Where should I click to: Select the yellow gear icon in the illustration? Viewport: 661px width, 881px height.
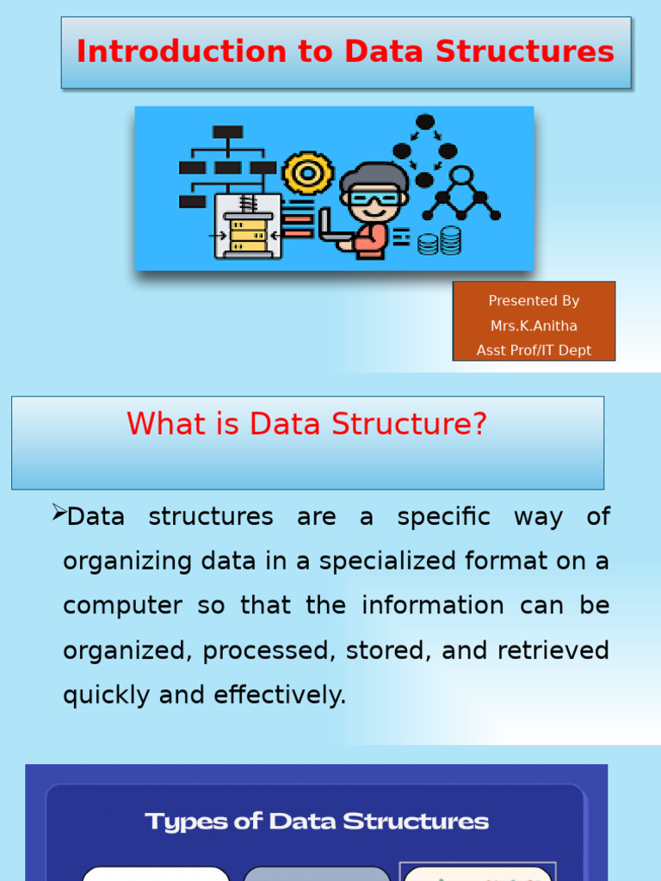tap(307, 173)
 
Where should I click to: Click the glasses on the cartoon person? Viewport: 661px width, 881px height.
tap(374, 199)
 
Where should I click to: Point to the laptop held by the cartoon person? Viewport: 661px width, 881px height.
tap(331, 228)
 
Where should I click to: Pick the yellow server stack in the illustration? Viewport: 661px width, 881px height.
tap(248, 235)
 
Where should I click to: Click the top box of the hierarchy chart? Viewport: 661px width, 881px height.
tap(228, 132)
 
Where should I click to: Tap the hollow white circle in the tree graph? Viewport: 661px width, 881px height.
tap(461, 176)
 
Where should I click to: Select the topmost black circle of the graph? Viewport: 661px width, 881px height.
tap(425, 122)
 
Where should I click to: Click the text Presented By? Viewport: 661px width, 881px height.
tap(534, 301)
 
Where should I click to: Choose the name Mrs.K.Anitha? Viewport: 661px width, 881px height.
tap(534, 326)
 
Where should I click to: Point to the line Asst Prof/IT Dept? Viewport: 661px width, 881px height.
tap(534, 350)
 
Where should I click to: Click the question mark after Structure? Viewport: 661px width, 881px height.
tap(479, 423)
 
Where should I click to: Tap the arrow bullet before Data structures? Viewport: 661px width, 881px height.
tap(59, 514)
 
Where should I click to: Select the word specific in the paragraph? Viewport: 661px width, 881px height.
tap(443, 517)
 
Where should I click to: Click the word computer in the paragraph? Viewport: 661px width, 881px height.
tap(122, 606)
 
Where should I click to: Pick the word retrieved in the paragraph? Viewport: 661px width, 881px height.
tap(553, 650)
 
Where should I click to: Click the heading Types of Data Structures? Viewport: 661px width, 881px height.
tap(317, 822)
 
